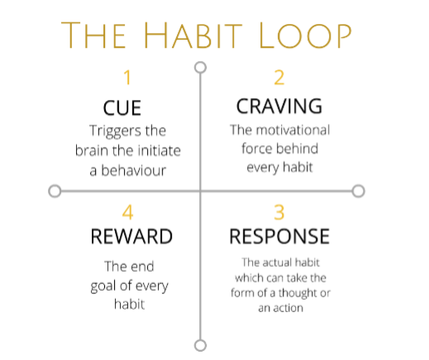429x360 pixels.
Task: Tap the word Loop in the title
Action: click(311, 36)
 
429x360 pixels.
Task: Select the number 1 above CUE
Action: click(127, 78)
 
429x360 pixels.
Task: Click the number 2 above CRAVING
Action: click(279, 78)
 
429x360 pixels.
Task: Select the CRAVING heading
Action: click(279, 107)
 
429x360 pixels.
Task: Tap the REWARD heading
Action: click(131, 237)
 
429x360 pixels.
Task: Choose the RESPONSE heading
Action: click(279, 237)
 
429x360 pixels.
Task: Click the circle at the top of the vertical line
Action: click(199, 67)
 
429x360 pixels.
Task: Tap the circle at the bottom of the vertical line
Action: click(199, 344)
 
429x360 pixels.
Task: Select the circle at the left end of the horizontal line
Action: click(55, 192)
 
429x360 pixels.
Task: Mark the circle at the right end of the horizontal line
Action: click(358, 191)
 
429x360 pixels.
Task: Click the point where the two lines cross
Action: click(199, 192)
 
